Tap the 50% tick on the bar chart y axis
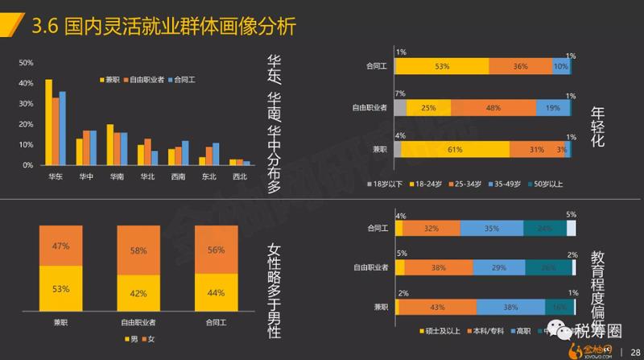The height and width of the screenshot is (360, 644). pyautogui.click(x=26, y=63)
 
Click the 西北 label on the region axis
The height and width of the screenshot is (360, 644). pyautogui.click(x=239, y=176)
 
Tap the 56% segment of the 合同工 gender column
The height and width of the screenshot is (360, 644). pyautogui.click(x=216, y=250)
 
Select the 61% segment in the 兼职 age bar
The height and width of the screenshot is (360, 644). pyautogui.click(x=455, y=149)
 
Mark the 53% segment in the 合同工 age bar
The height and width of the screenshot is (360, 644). pyautogui.click(x=441, y=67)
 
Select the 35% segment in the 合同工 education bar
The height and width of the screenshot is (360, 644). pyautogui.click(x=493, y=228)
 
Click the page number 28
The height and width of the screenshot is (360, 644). pyautogui.click(x=633, y=350)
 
